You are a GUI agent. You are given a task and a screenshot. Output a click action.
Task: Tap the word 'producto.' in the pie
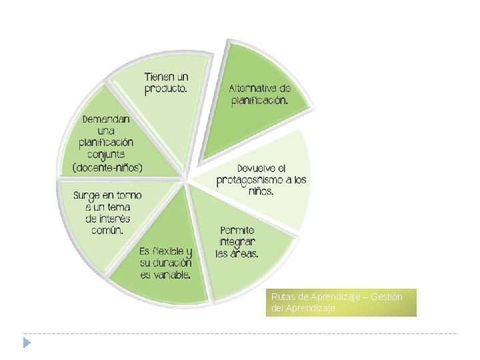167,89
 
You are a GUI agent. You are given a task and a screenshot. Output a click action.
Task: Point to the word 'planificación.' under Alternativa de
260,101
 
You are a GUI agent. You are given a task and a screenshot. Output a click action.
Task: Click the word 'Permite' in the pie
237,231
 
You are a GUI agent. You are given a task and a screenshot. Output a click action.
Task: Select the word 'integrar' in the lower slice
237,242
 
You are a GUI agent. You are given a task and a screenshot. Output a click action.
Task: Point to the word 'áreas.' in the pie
245,254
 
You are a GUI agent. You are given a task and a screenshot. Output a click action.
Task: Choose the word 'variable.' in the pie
167,275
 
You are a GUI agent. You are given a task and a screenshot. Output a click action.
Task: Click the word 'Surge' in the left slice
87,196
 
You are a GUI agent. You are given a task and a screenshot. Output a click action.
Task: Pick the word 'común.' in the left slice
107,231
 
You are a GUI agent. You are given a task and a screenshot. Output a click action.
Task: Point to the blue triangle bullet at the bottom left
27,343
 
